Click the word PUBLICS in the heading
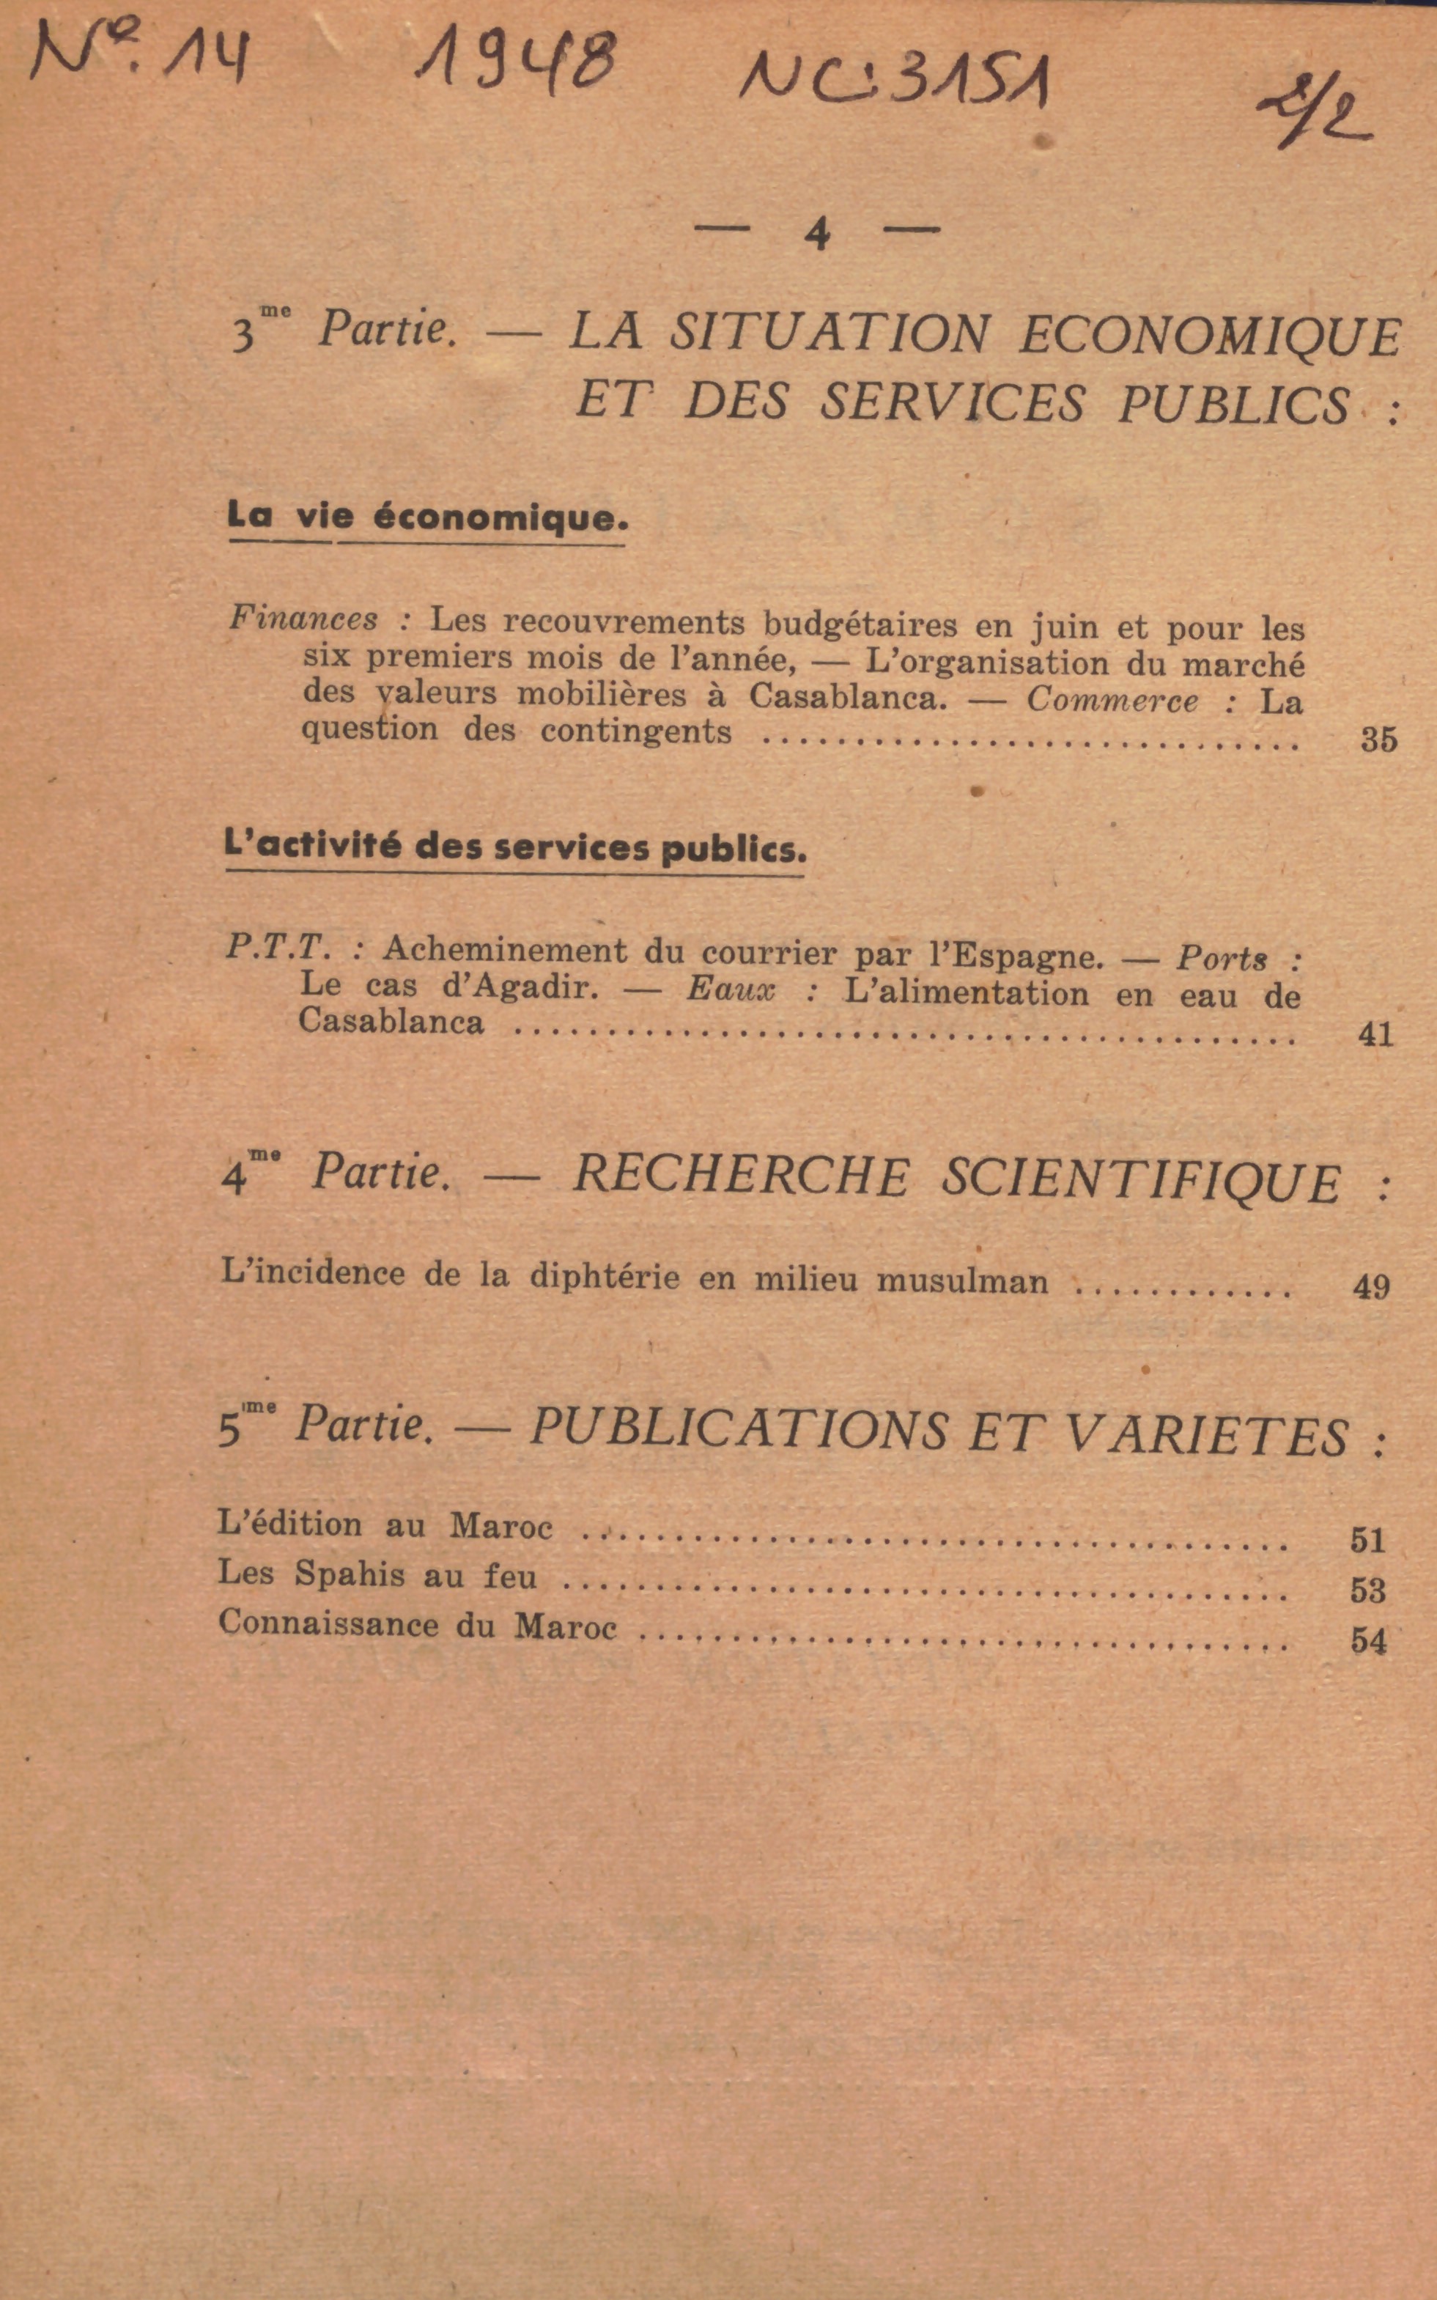(1233, 404)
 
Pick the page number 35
(1378, 740)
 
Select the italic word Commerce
(1112, 701)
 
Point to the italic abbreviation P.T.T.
(278, 947)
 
